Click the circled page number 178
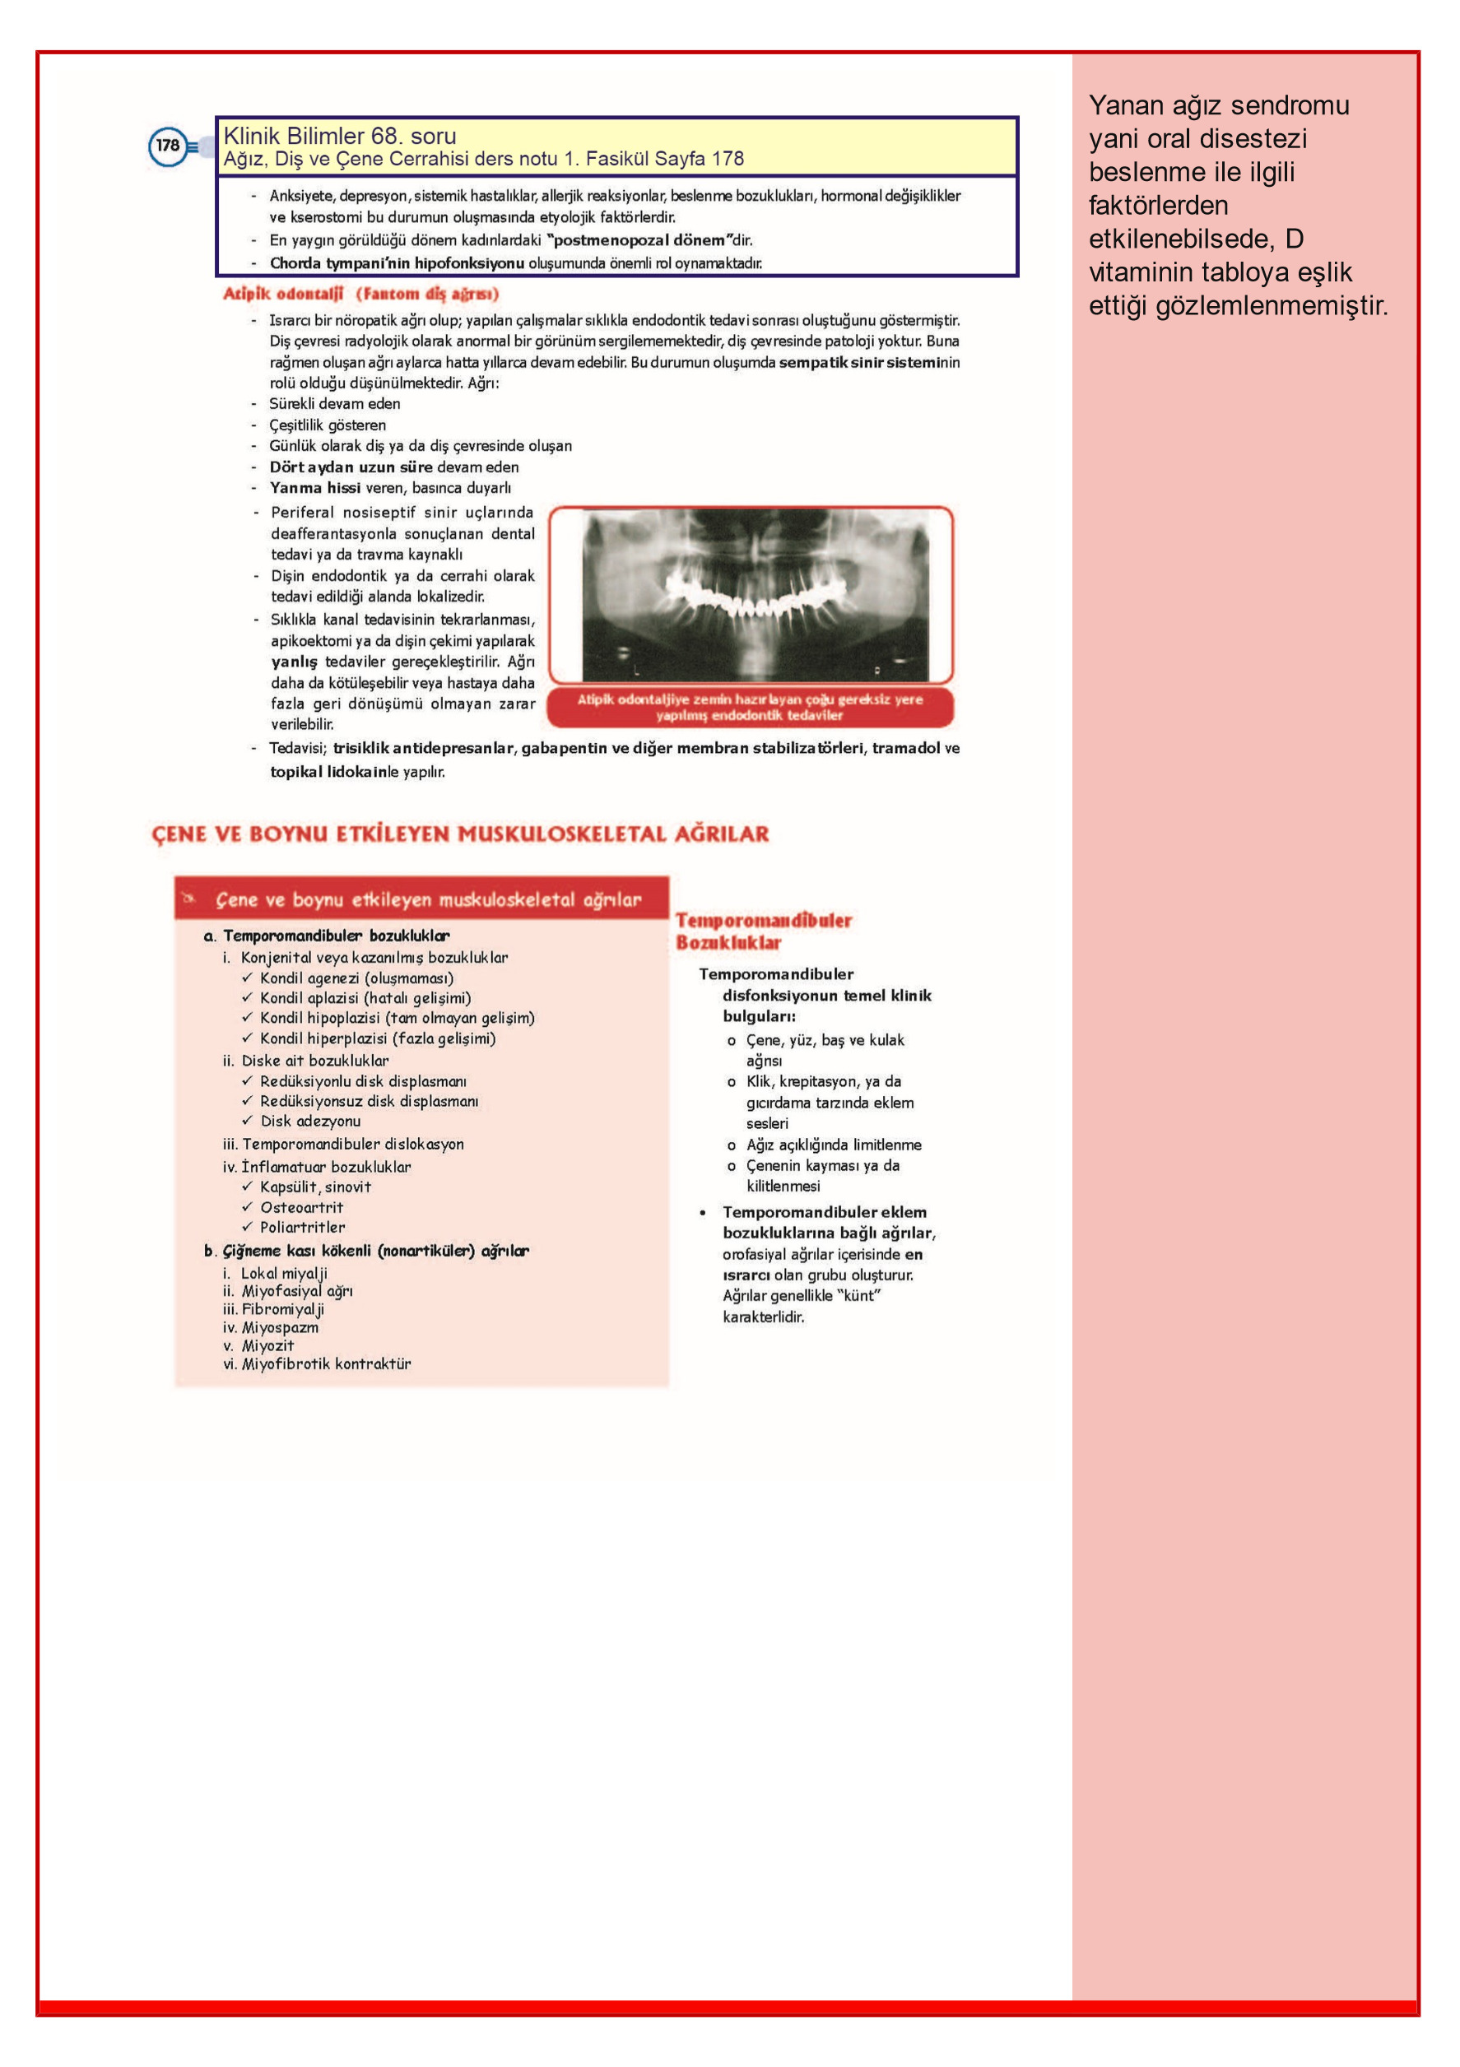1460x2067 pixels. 168,146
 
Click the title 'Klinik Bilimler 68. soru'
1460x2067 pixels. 340,136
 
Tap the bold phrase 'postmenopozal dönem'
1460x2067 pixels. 639,240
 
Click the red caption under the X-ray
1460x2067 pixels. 750,707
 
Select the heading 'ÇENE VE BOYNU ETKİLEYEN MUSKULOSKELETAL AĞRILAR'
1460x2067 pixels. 460,834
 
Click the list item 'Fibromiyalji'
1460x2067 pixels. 282,1309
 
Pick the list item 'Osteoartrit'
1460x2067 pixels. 301,1207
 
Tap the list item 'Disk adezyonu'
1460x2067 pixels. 309,1121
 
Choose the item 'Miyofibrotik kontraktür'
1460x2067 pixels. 325,1364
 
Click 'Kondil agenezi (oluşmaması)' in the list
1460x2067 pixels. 356,978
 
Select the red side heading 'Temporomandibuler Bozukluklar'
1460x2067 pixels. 763,931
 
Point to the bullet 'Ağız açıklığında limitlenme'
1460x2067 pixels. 833,1145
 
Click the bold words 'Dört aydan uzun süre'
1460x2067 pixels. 351,467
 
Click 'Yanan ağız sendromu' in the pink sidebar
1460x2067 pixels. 1218,105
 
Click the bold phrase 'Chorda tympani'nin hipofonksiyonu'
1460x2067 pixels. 397,264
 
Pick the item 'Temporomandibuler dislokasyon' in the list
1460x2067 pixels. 352,1145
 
